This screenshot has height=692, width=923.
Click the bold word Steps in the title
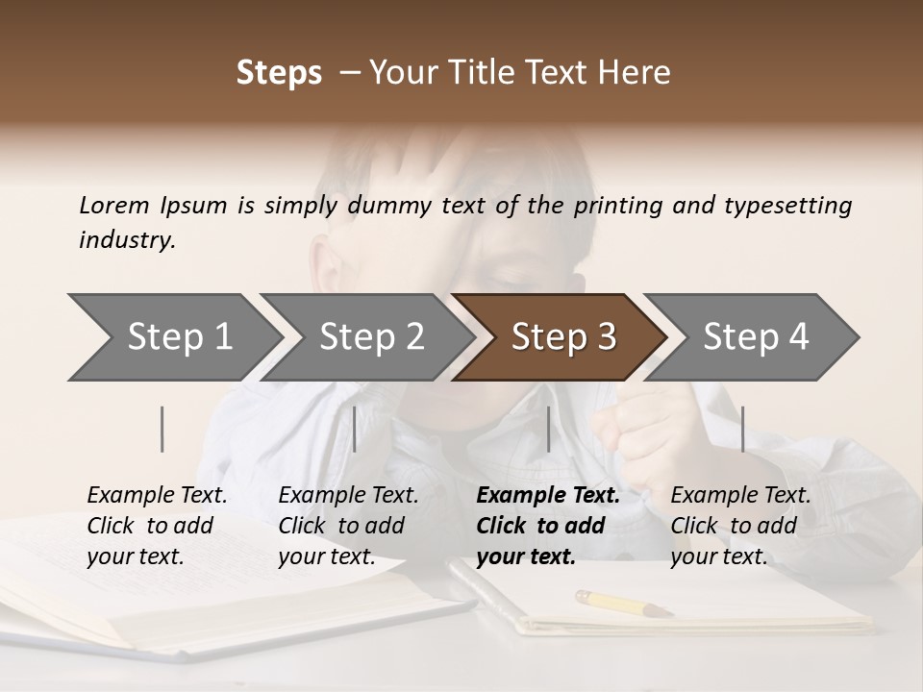click(279, 73)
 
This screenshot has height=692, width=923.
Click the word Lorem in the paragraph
click(114, 205)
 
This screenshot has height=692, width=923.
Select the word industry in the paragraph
click(127, 240)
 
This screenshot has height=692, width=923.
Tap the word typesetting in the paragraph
click(787, 205)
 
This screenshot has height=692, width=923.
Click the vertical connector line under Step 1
click(162, 429)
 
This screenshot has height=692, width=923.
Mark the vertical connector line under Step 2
click(355, 429)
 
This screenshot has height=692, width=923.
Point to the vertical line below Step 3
click(548, 429)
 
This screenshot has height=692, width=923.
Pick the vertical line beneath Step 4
click(743, 429)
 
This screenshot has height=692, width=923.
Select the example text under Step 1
click(157, 526)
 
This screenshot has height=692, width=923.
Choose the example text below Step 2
click(348, 526)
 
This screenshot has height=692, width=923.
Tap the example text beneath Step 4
click(740, 526)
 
